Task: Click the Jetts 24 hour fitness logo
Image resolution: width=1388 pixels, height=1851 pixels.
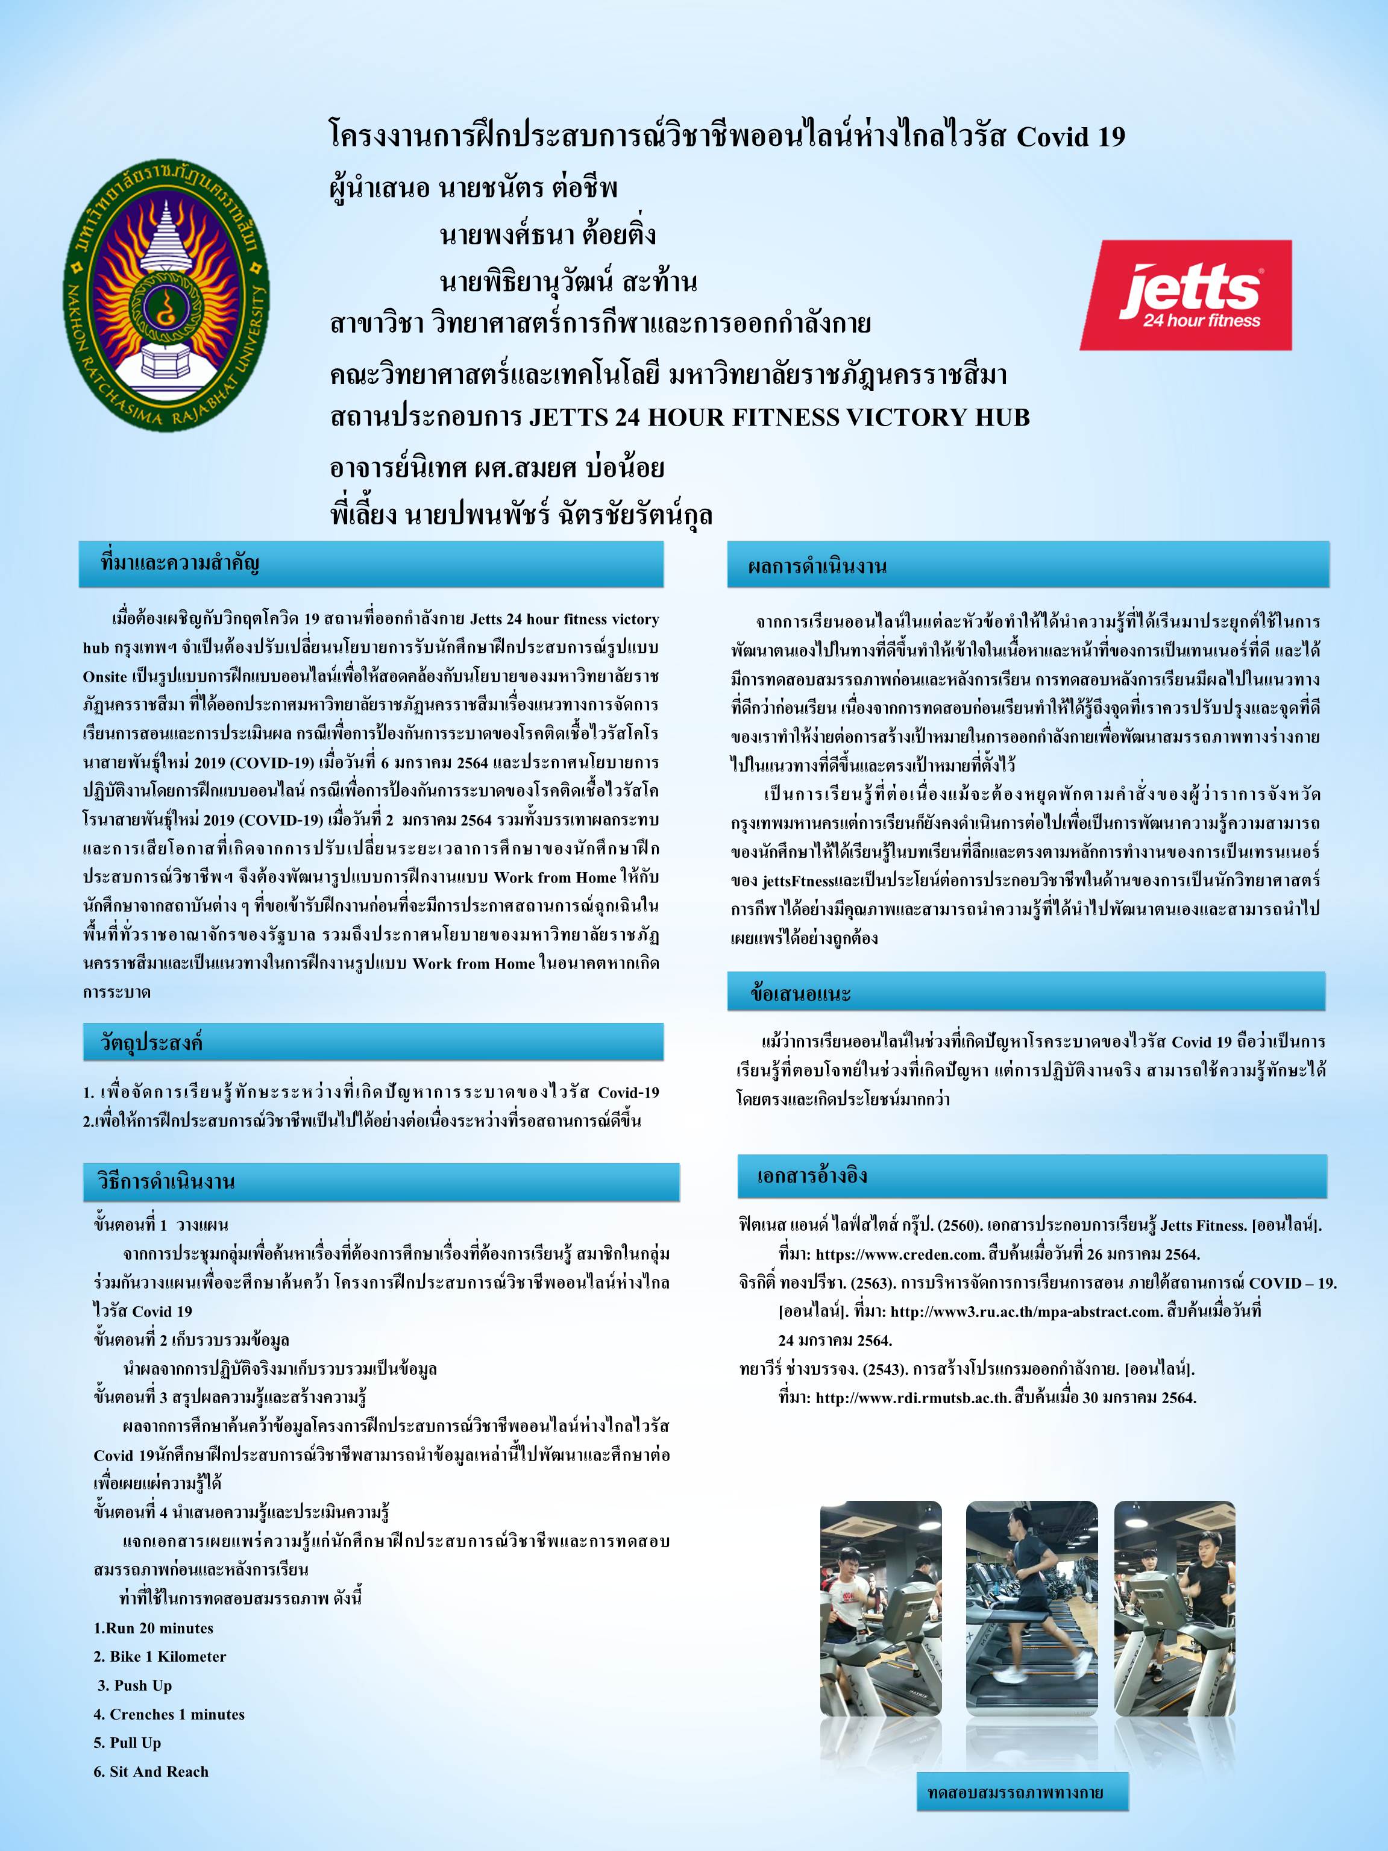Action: tap(1185, 295)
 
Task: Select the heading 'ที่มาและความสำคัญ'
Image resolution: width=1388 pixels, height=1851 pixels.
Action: tap(180, 563)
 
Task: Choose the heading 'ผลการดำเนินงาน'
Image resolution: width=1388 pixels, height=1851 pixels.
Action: tap(817, 567)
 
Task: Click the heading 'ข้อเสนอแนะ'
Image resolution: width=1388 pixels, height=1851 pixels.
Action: tap(800, 993)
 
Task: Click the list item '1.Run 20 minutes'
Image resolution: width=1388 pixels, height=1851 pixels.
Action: tap(153, 1627)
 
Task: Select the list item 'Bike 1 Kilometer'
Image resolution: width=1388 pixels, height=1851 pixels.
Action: tap(160, 1656)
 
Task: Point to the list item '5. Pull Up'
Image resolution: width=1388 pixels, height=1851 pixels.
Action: tap(127, 1743)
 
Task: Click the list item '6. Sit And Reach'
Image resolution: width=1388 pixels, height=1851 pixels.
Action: tap(151, 1771)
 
